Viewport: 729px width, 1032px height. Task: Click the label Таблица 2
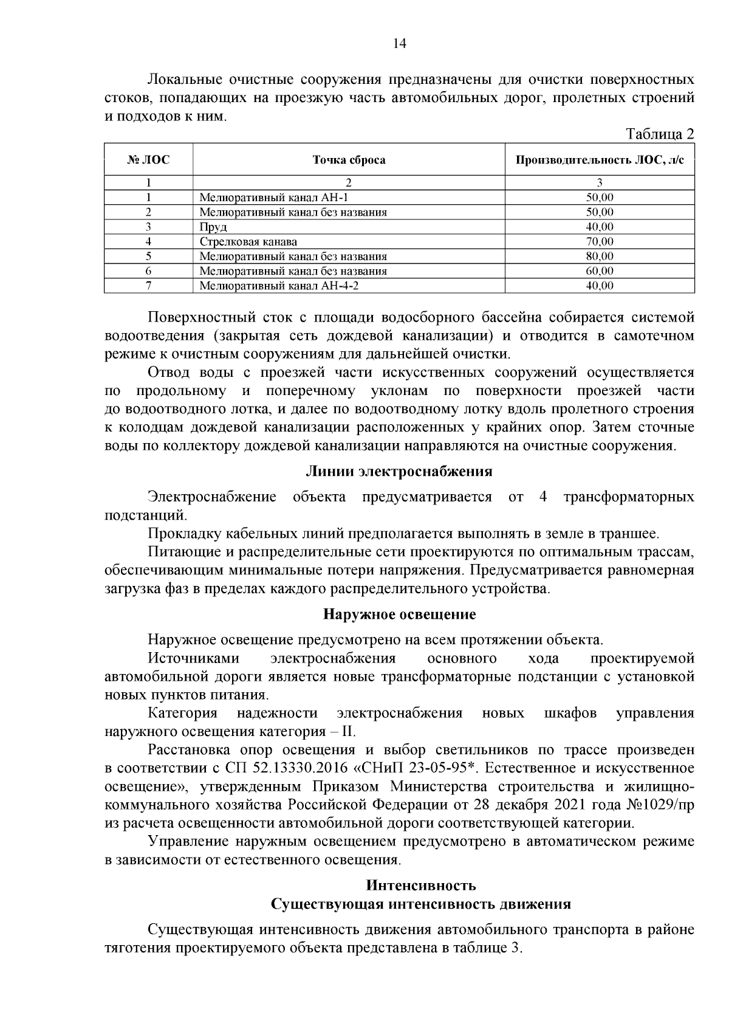pos(660,134)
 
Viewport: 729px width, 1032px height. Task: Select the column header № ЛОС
pos(148,160)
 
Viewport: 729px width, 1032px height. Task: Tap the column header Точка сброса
pos(349,160)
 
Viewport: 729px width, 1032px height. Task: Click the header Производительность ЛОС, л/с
pos(599,160)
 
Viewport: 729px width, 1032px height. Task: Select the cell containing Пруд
pos(213,227)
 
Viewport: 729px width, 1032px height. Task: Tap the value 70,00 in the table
pos(599,242)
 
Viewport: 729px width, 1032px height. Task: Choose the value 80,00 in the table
pos(599,256)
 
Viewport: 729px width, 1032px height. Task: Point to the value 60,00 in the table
pos(599,271)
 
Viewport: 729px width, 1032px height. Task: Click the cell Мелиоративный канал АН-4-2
pos(284,286)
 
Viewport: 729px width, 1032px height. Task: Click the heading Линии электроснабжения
pos(399,472)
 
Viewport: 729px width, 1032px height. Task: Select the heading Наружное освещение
pos(399,614)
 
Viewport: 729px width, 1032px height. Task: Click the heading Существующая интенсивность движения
pos(420,904)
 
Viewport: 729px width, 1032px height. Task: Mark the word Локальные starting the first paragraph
pos(183,80)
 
